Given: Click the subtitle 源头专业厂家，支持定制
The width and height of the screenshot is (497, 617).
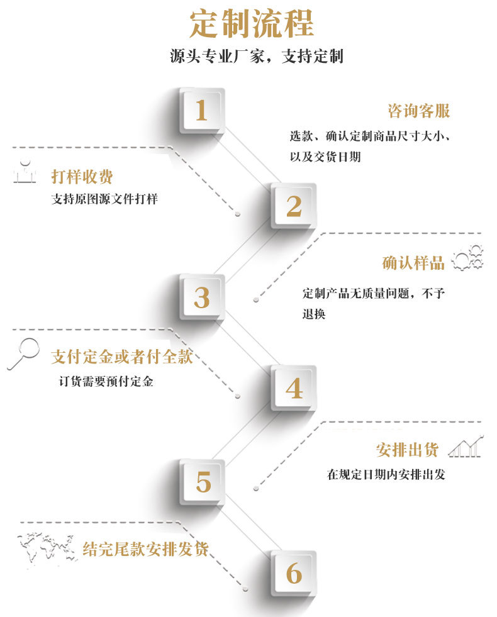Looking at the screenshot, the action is pos(256,56).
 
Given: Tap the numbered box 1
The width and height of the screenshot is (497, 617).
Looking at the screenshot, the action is pos(201,111).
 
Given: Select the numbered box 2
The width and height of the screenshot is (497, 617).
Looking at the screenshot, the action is pos(293,205).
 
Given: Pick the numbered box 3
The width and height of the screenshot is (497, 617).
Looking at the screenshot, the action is pos(201,297).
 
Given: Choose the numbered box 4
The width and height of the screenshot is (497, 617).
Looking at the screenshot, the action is pos(293,388).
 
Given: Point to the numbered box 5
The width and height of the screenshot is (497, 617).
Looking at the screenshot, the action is pos(203,482).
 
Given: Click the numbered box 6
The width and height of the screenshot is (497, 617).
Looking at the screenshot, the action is pos(293,573).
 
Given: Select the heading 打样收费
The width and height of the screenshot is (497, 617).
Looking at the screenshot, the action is pos(82,176).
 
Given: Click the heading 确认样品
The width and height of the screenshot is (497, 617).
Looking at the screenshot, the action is pos(413,262).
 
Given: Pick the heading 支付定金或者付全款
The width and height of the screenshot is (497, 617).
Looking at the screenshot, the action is pos(121,357).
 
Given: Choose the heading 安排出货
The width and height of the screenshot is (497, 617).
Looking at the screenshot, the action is pos(407,450).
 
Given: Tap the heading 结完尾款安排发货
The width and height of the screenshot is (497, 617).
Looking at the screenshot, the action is pos(145,548).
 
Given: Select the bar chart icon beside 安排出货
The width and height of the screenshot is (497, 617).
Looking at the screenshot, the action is pos(466,446).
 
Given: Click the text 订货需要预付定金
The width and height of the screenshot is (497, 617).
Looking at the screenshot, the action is pos(106,381).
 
